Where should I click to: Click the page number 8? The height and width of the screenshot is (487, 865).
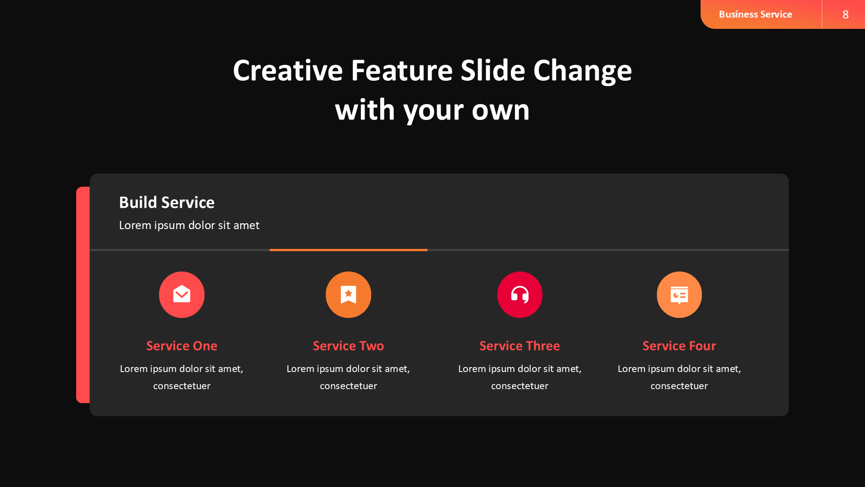point(845,14)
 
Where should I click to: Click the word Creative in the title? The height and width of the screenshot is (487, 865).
point(288,70)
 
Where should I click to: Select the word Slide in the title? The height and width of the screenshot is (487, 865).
point(493,70)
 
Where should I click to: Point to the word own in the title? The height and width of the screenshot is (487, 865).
point(501,110)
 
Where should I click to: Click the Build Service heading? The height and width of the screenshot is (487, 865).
point(167,202)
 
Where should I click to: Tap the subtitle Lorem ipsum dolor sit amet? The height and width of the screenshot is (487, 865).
point(189,225)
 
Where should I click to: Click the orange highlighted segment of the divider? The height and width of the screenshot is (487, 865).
point(348,250)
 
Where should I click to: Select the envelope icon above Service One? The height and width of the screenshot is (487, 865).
point(182,294)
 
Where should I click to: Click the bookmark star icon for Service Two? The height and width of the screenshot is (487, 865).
point(348,294)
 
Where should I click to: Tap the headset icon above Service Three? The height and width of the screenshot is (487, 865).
point(519,294)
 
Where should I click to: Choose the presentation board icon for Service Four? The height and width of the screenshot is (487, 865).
point(679,294)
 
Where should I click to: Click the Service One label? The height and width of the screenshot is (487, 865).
point(182,346)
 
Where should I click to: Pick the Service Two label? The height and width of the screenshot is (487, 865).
point(348,346)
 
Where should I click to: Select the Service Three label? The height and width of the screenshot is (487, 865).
point(519,346)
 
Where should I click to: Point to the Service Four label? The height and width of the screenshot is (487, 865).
point(679,346)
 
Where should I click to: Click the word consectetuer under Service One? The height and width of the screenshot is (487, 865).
point(182,386)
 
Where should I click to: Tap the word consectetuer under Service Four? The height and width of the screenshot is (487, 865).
point(679,386)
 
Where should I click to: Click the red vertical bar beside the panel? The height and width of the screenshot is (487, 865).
point(83,295)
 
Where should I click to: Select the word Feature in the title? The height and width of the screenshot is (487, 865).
point(402,70)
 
